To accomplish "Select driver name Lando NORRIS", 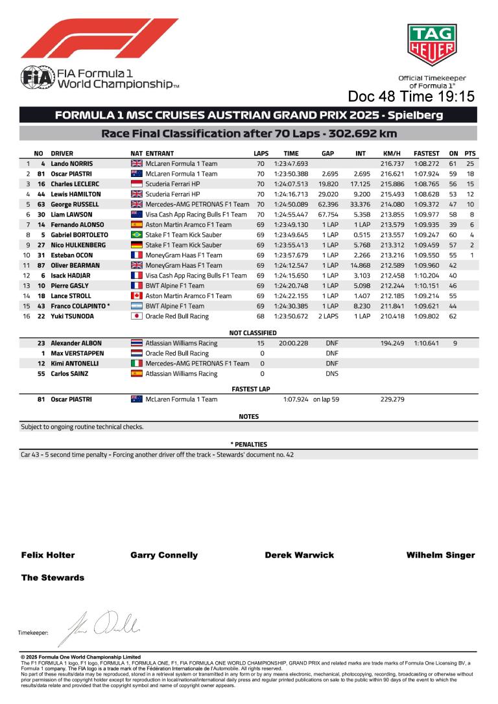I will (72, 164).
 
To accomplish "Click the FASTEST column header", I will (427, 154).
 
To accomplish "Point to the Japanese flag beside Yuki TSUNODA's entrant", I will (136, 316).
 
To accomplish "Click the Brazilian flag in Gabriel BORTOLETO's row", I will (136, 235).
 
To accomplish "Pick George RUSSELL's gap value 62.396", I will (330, 204).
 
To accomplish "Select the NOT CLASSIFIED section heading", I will (248, 333).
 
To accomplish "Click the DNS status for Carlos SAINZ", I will (332, 374).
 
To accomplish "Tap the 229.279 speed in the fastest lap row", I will (392, 399).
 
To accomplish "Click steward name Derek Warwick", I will (300, 555).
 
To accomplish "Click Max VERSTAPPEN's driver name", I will (77, 353).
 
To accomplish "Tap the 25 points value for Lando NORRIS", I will (470, 164).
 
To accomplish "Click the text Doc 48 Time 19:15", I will (411, 97).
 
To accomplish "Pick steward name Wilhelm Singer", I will (440, 555).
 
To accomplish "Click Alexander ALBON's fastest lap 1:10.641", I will (427, 343).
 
